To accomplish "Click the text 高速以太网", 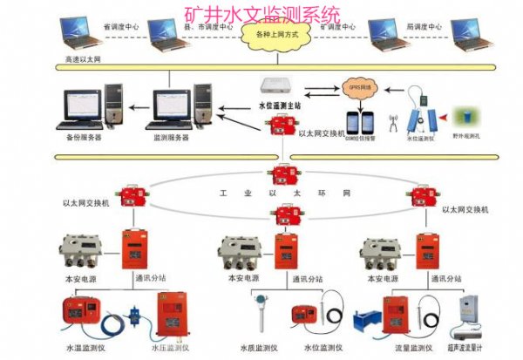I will (x=84, y=59).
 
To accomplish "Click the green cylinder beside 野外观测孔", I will (x=466, y=117).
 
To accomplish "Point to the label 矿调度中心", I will (x=336, y=27).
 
